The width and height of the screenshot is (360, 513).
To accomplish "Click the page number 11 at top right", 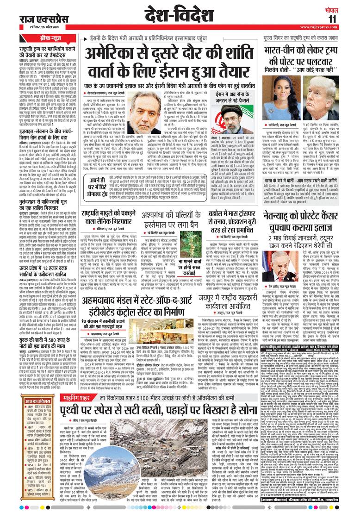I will tap(345, 19).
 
